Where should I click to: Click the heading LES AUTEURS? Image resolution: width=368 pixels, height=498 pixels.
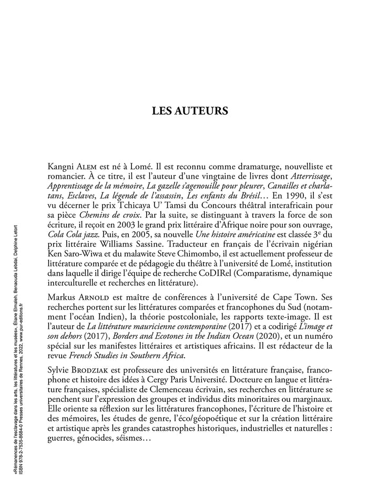point(190,111)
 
